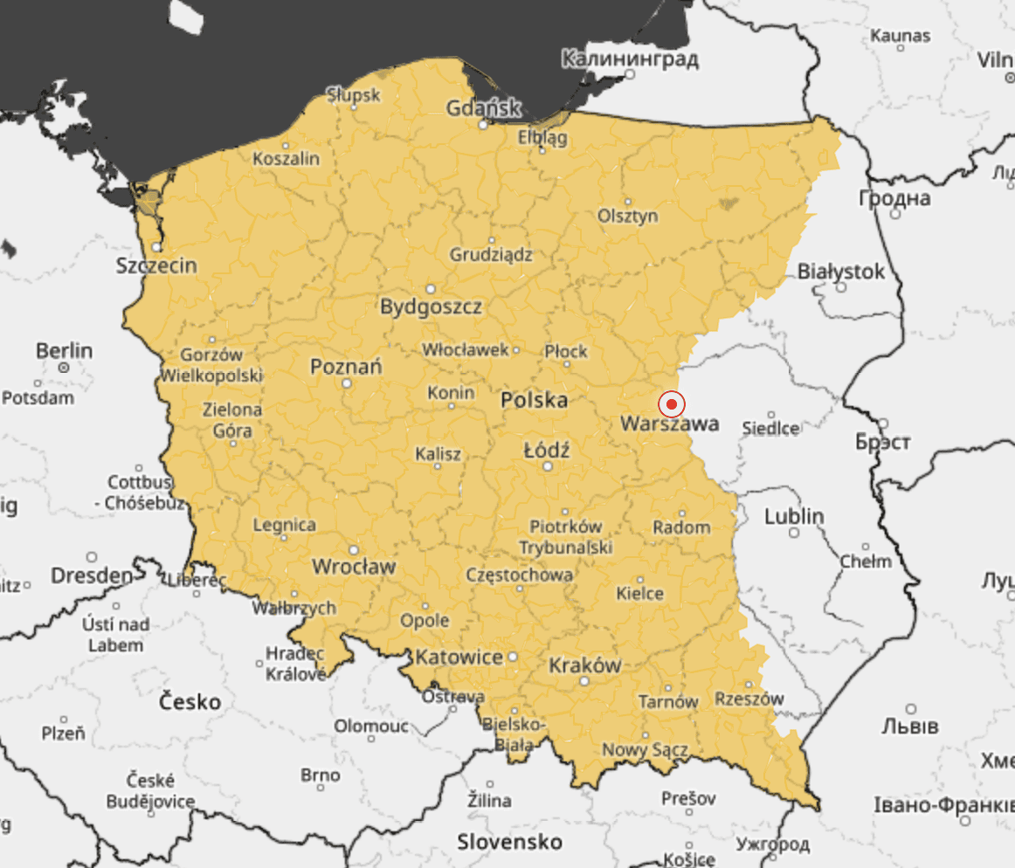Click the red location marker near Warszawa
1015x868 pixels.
point(671,404)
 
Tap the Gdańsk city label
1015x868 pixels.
point(484,109)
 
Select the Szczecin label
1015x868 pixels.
point(156,265)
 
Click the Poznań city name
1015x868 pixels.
point(346,367)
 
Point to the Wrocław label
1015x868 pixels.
point(354,567)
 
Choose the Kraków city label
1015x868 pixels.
point(584,665)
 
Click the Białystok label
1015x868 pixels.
point(840,272)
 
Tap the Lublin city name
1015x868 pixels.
point(794,516)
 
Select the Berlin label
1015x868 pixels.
point(64,350)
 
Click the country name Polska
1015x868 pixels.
point(534,401)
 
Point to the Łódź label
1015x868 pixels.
point(547,451)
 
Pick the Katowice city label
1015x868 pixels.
point(459,657)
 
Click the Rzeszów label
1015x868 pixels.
point(749,699)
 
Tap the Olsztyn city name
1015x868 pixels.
point(628,216)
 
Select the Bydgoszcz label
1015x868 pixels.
point(431,307)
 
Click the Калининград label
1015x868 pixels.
point(629,59)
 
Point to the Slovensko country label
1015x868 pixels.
point(510,841)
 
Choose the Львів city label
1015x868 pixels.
point(909,727)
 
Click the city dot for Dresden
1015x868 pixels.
point(92,557)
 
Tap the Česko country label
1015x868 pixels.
point(190,701)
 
